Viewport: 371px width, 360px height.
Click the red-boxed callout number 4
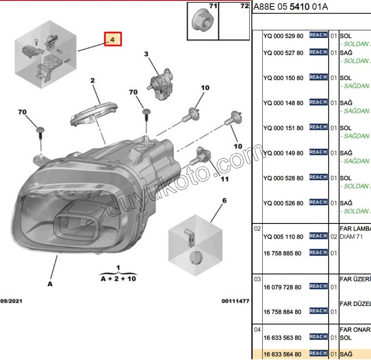[x=112, y=39]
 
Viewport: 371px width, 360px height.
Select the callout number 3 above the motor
[x=146, y=54]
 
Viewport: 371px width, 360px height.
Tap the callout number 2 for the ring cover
[x=93, y=80]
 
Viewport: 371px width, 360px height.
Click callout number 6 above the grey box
[x=224, y=201]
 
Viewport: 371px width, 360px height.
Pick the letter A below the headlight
[x=50, y=284]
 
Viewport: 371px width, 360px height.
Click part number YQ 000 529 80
[x=283, y=36]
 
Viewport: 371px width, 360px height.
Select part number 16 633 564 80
[x=283, y=354]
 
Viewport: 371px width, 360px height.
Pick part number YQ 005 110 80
[x=283, y=237]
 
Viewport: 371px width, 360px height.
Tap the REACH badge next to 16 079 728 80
[x=318, y=286]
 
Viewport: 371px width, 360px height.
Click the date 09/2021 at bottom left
[x=11, y=301]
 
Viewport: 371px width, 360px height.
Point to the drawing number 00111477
[x=235, y=301]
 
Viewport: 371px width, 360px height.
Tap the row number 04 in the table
[x=257, y=329]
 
